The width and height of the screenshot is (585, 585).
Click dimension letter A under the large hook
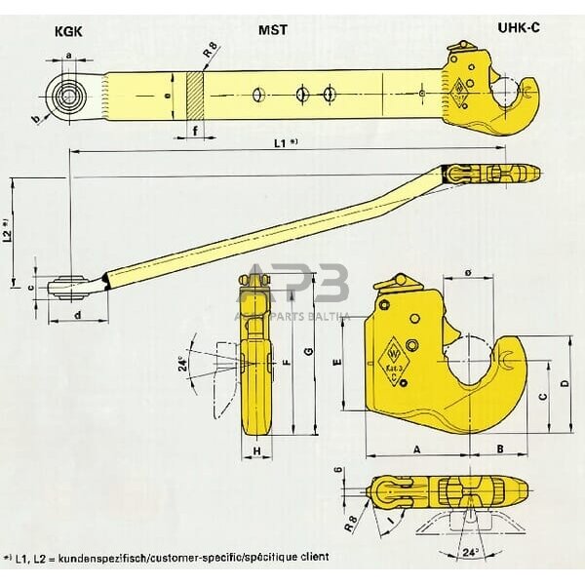(x=417, y=448)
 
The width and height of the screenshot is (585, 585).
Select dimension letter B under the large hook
(x=500, y=448)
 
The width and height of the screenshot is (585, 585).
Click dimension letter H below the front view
(x=255, y=452)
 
